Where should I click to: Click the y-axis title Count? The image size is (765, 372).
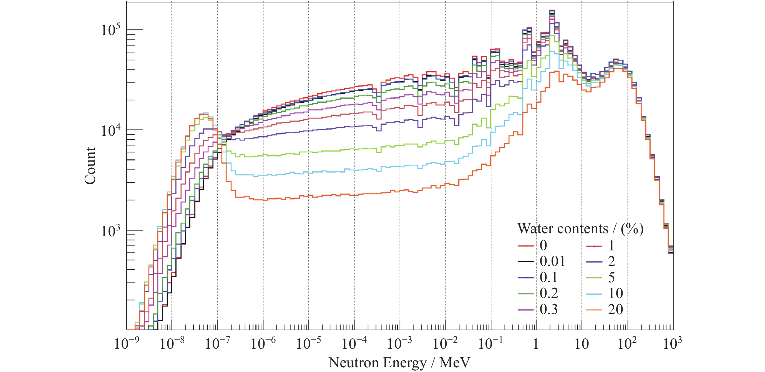click(90, 166)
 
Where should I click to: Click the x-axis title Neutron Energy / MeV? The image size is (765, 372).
click(399, 363)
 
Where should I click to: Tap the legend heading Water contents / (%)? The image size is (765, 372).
click(580, 229)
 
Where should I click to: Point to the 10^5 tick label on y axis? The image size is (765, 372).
click(111, 30)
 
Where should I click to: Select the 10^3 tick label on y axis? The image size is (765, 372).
click(111, 231)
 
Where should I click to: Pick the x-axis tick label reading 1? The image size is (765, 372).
click(536, 344)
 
